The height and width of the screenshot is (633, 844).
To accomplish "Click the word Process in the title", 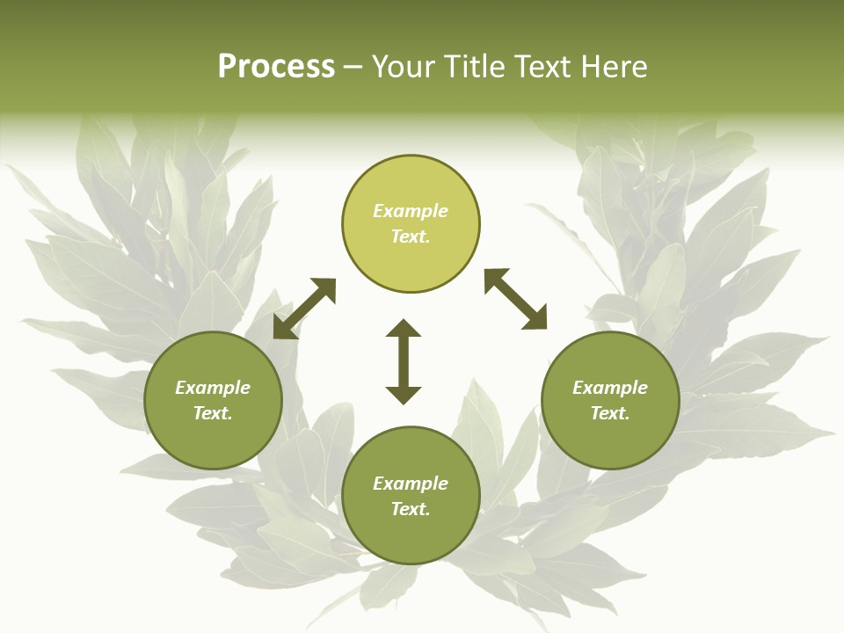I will (276, 67).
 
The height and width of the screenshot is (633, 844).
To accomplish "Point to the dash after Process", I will (353, 68).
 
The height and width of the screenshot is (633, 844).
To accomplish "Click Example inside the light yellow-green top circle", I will (411, 211).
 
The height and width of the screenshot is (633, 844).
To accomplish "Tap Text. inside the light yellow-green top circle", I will (411, 236).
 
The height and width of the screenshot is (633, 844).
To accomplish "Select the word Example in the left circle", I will (213, 388).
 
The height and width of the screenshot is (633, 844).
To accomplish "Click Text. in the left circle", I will (213, 413).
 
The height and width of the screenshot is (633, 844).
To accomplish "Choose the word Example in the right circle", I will (610, 388).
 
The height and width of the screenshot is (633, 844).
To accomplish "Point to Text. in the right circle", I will (610, 413).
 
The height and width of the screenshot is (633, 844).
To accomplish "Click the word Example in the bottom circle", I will (411, 484).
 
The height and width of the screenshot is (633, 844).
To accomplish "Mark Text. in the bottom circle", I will (411, 509).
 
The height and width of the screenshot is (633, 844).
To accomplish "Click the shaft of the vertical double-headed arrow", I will (404, 361).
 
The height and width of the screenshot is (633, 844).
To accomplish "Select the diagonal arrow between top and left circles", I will (304, 309).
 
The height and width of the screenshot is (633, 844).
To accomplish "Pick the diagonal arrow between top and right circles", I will (515, 299).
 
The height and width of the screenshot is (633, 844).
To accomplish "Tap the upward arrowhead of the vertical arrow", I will (404, 328).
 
